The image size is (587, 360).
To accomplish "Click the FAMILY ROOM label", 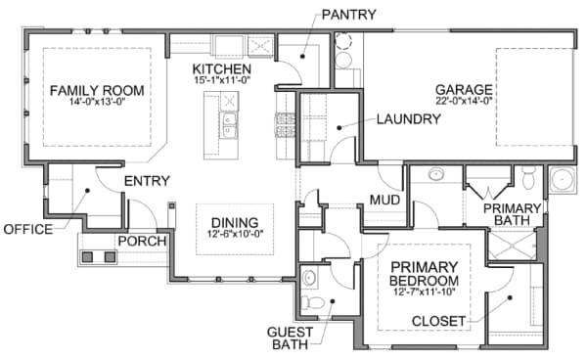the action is pyautogui.click(x=97, y=91).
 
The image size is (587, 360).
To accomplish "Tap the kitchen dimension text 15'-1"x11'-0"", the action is pyautogui.click(x=222, y=80).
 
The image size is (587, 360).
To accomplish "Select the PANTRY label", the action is pyautogui.click(x=349, y=15).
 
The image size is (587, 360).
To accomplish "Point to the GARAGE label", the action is pyautogui.click(x=464, y=90).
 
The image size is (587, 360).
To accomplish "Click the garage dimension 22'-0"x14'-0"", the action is pyautogui.click(x=464, y=101).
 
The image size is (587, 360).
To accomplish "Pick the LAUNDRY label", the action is pyautogui.click(x=408, y=119).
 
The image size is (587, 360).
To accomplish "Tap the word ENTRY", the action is pyautogui.click(x=147, y=181).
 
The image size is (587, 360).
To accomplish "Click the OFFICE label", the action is pyautogui.click(x=28, y=229).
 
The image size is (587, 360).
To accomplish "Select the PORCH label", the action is pyautogui.click(x=142, y=242).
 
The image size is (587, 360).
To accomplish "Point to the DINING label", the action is pyautogui.click(x=235, y=223).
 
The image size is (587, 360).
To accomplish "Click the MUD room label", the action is pyautogui.click(x=384, y=200).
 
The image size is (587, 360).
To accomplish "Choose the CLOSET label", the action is pyautogui.click(x=438, y=321).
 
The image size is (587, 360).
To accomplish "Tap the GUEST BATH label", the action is pyautogui.click(x=291, y=338).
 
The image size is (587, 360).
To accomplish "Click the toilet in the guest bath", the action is pyautogui.click(x=313, y=302).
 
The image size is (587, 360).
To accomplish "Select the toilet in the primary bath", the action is pyautogui.click(x=529, y=177).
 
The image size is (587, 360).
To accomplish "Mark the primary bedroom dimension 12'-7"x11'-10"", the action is pyautogui.click(x=425, y=292).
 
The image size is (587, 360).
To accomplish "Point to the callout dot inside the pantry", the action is pyautogui.click(x=302, y=57).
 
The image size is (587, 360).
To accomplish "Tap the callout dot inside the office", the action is pyautogui.click(x=87, y=191).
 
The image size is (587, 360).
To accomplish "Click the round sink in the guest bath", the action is pyautogui.click(x=309, y=278).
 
